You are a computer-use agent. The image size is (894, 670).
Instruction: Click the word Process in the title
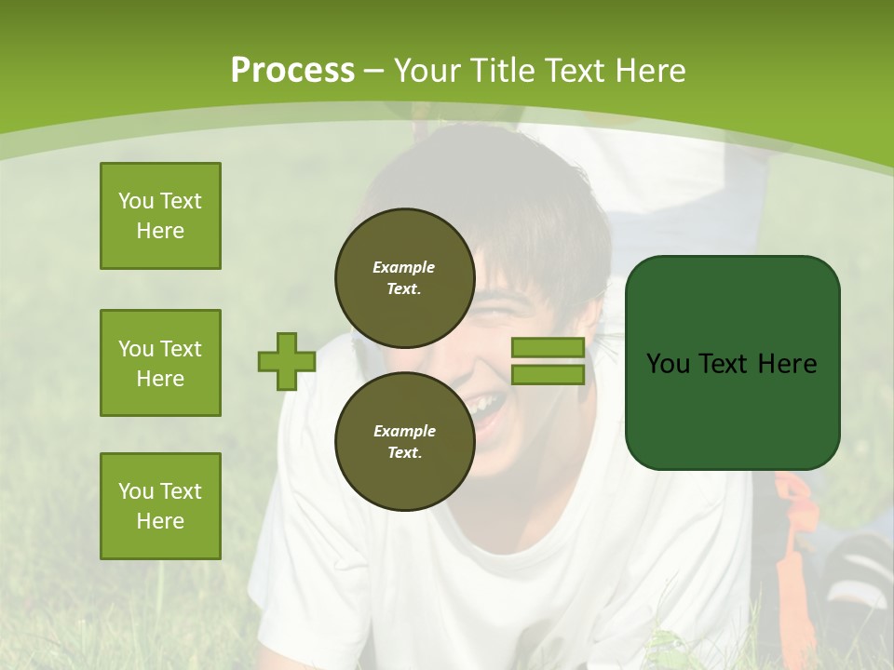pos(292,71)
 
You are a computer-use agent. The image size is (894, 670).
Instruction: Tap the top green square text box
pos(160,216)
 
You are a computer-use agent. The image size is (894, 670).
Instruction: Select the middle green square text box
pos(160,363)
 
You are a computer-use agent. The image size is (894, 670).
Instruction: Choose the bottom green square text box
pos(160,506)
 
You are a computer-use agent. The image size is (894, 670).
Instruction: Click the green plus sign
pos(286,362)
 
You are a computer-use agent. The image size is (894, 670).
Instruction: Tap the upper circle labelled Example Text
pos(404,277)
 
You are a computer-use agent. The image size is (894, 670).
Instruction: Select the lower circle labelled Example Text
pos(404,441)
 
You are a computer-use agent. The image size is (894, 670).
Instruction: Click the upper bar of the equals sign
pos(548,348)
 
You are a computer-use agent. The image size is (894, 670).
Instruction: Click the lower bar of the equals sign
pos(548,375)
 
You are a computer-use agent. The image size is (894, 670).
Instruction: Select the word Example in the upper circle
pos(404,267)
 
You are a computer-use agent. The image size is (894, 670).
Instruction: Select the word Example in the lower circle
pos(404,431)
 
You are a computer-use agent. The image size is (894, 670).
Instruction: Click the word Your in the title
pos(427,71)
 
